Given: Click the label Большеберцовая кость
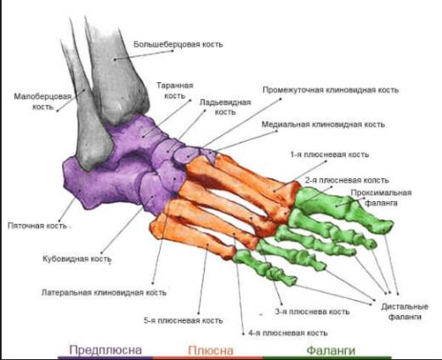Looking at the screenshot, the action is tap(178, 44).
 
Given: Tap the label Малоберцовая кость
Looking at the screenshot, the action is tap(42, 102).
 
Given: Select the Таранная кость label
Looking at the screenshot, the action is tap(175, 91).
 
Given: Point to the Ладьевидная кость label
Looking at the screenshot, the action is tap(225, 107).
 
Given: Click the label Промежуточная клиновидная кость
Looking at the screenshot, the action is tap(331, 90).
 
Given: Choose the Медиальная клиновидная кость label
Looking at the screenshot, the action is tap(323, 125).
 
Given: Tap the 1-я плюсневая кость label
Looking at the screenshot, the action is tap(330, 155).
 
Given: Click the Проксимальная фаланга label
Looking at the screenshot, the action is tap(381, 198).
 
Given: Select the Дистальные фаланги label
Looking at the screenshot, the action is tap(405, 312).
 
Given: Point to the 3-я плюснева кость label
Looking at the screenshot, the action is tap(312, 312).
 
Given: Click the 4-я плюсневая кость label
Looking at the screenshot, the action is tap(288, 333).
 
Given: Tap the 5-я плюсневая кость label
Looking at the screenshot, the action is tap(184, 320).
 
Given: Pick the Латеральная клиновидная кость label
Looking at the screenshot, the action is tap(104, 292).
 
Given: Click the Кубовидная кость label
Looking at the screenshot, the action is tap(76, 259).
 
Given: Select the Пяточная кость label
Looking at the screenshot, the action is tap(37, 226).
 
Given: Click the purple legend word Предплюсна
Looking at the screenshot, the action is tap(105, 350).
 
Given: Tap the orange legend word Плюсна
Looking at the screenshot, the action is tap(211, 351).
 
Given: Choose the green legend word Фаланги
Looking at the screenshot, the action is tap(331, 351).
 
